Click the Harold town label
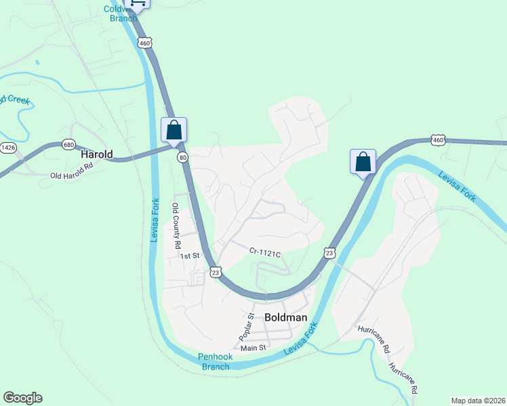click(x=96, y=154)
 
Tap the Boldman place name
click(x=285, y=317)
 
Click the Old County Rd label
click(x=176, y=225)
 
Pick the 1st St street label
click(x=189, y=256)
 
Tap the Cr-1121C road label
click(x=264, y=252)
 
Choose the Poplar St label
click(x=245, y=327)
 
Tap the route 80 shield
click(x=183, y=157)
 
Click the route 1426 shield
click(x=8, y=147)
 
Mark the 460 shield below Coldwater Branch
click(x=144, y=43)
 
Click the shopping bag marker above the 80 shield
click(x=174, y=130)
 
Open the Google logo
click(x=22, y=398)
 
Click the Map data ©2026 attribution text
click(x=476, y=400)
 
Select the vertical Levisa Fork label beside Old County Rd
click(x=155, y=220)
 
